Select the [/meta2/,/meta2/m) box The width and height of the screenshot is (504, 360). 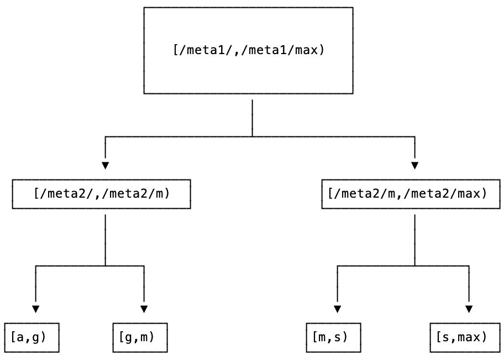[x=101, y=194]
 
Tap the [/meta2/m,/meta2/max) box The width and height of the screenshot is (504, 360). [x=411, y=194]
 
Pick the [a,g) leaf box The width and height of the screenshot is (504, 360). [x=32, y=337]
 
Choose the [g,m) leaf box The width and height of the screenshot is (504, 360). [x=140, y=337]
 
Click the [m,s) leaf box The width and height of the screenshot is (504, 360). [x=333, y=337]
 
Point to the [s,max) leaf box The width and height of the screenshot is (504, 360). [x=465, y=337]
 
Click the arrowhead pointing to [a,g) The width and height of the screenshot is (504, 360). [x=36, y=309]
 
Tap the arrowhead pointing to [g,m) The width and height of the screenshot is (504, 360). [x=144, y=309]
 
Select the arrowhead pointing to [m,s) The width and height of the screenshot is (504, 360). [x=337, y=309]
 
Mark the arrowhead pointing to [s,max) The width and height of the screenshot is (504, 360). [x=469, y=309]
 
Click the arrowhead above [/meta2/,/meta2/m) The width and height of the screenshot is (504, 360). [x=105, y=165]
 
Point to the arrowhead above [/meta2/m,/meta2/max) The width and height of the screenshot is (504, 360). [x=414, y=165]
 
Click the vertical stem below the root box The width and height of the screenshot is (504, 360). [x=253, y=117]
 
